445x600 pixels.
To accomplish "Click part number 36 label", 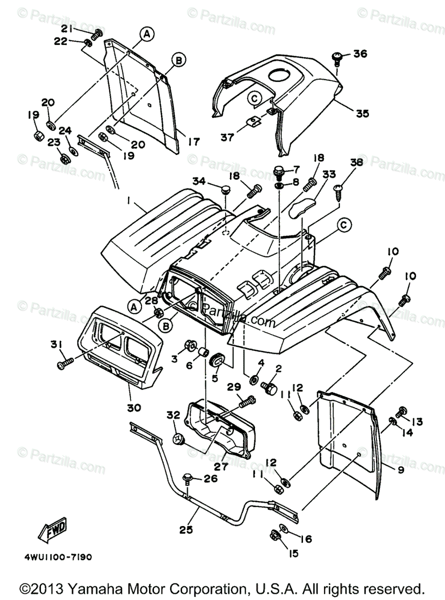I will pos(360,54).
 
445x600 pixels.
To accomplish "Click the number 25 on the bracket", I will pos(185,528).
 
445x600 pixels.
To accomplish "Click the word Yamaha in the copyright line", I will pos(93,588).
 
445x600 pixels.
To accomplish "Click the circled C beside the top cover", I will pos(254,98).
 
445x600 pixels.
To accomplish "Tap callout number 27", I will pos(220,466).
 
